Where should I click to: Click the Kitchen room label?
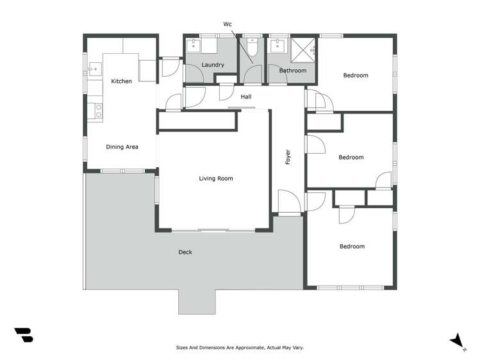121,81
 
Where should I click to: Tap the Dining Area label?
122,147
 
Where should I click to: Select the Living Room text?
216,178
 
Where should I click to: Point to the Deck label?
185,252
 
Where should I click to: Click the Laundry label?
212,65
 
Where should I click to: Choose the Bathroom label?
293,70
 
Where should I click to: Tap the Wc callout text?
227,24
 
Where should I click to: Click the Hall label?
245,97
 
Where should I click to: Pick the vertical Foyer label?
288,157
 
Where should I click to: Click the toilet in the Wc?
252,47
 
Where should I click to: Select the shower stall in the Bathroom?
304,49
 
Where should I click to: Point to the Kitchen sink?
94,67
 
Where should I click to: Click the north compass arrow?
457,341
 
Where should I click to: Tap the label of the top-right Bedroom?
356,76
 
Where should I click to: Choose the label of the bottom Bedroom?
352,246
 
